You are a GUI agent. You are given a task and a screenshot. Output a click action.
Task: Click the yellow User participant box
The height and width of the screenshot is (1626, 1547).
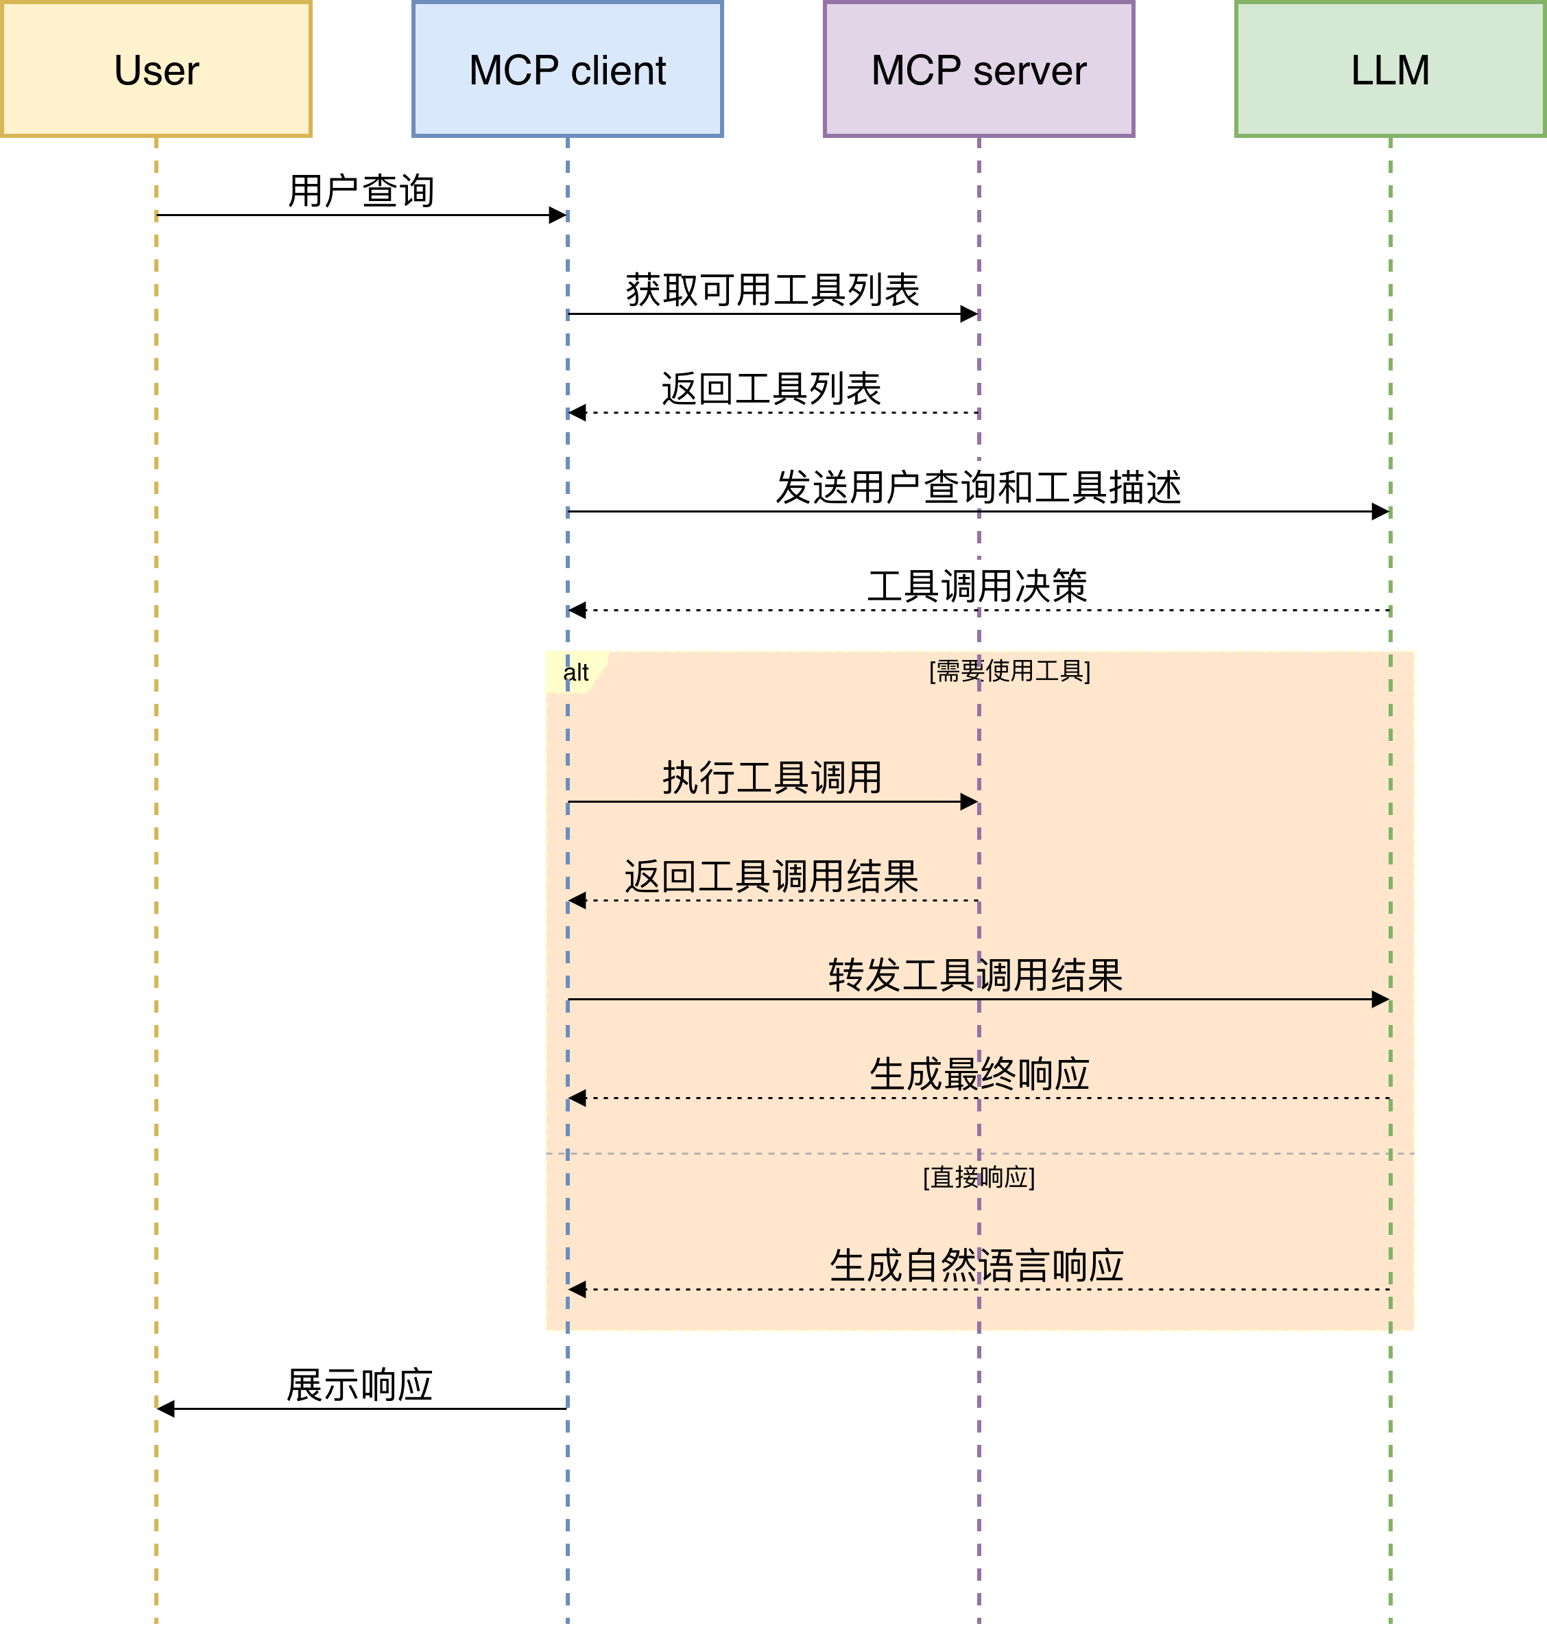click(156, 69)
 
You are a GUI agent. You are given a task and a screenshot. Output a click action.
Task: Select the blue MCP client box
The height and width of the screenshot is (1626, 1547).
click(567, 69)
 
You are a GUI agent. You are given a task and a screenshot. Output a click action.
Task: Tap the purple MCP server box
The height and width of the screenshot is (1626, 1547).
click(979, 69)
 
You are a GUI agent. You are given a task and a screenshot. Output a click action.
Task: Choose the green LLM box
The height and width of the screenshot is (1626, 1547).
click(1391, 69)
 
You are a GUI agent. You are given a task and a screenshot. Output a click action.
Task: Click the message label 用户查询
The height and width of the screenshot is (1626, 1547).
click(361, 191)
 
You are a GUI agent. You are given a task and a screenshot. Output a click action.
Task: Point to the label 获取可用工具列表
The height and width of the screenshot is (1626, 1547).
click(772, 290)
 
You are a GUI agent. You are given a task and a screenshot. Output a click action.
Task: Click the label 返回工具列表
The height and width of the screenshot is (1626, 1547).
click(772, 388)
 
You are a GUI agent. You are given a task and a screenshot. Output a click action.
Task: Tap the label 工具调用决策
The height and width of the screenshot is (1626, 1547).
click(978, 587)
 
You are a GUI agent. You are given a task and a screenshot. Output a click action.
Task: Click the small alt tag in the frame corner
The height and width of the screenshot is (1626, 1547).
click(575, 672)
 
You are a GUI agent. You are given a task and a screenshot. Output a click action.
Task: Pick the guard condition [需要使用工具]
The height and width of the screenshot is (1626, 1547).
click(1009, 671)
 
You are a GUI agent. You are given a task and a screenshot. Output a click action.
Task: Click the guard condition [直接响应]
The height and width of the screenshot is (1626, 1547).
click(979, 1177)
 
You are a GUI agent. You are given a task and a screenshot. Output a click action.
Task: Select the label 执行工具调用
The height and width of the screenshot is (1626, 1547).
click(772, 778)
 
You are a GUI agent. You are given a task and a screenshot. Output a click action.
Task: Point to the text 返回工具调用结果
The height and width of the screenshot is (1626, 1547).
click(772, 876)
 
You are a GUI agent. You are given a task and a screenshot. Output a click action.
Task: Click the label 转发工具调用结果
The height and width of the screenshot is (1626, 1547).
click(976, 975)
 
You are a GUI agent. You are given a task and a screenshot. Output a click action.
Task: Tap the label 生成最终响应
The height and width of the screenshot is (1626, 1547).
click(979, 1074)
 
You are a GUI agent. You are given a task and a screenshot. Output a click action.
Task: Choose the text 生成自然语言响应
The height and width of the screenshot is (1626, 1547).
click(977, 1266)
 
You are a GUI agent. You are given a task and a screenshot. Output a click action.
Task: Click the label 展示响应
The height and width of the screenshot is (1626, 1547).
click(359, 1385)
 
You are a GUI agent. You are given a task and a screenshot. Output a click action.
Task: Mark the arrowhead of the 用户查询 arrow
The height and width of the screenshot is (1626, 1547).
click(558, 215)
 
